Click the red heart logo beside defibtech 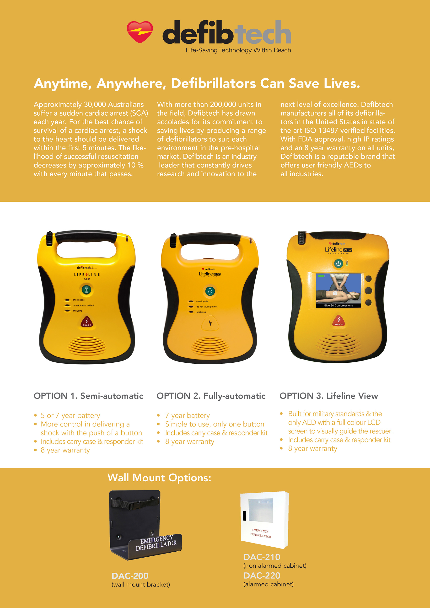pos(140,32)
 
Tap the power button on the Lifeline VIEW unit pos(339,264)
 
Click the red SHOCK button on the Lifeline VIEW pos(339,320)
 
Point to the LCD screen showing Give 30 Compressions pos(339,291)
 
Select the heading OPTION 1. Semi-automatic pos(88,396)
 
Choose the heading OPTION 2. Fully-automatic pos(211,396)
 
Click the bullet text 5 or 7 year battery pos(70,415)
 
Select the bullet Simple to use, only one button pos(215,424)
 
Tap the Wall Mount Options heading pos(159,478)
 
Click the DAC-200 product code pos(130,576)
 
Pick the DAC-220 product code pos(262,576)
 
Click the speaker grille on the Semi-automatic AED pos(87,346)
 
